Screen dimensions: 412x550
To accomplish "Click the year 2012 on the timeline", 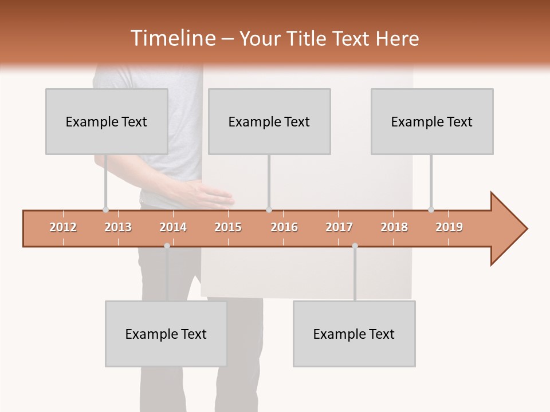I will point(63,227).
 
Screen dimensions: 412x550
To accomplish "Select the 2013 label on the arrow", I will point(118,227).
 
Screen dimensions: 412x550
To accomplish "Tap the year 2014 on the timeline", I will point(173,227).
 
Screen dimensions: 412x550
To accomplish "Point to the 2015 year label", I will point(228,227).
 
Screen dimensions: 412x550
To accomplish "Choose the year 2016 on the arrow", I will point(284,227).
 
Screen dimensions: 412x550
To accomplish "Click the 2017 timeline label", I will point(339,227).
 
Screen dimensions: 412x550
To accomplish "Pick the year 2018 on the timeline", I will point(394,227).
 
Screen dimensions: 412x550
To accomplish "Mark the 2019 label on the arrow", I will point(449,227).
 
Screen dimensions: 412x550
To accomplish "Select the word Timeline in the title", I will point(171,38).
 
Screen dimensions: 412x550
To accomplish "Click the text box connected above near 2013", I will point(107,121).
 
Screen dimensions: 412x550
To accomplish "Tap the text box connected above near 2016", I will point(269,121).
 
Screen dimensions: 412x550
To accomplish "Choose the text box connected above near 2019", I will point(432,121).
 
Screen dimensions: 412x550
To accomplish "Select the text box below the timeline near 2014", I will point(166,334).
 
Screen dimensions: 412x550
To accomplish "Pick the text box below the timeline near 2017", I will point(354,334).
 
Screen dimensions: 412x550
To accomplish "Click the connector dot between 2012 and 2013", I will point(105,209).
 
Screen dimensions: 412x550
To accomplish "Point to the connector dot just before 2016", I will point(269,209).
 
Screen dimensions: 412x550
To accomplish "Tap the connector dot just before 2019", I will point(431,209).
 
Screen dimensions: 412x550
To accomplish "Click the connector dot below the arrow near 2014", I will point(167,245).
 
